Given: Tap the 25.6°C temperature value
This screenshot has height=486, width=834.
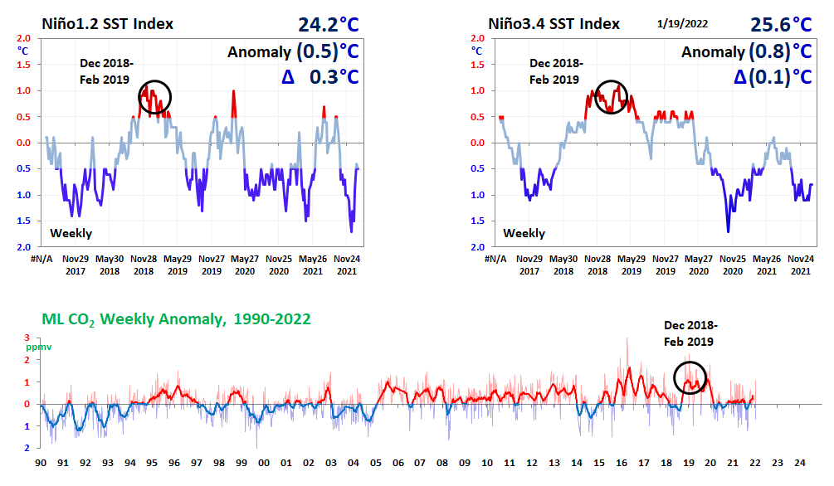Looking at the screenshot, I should click(x=781, y=25).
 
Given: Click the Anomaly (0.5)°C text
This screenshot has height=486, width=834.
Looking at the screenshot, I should click(x=293, y=52).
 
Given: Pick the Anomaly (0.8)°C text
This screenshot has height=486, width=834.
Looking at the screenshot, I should click(x=746, y=52).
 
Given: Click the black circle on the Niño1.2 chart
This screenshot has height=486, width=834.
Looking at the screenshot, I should click(x=154, y=97).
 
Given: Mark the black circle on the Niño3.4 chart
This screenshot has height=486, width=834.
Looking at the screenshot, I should click(x=612, y=96).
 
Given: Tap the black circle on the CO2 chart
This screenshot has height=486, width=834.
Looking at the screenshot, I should click(x=690, y=377).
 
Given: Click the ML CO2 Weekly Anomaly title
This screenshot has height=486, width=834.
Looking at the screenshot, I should click(x=175, y=318).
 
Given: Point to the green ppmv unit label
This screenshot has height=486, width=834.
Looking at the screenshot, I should click(x=39, y=347).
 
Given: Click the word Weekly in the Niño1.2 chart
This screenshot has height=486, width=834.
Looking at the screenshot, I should click(x=71, y=233).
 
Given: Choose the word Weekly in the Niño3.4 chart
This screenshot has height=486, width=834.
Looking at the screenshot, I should click(x=524, y=233).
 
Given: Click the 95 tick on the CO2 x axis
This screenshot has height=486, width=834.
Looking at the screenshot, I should click(x=153, y=462).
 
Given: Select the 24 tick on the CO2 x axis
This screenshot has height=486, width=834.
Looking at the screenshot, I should click(x=799, y=462).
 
